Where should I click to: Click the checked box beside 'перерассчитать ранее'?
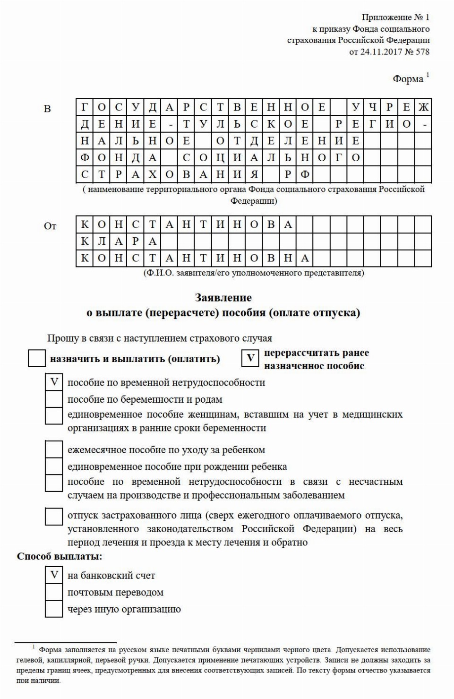pos(250,358)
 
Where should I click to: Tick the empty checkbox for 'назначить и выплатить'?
pos(37,358)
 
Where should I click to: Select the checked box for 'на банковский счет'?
pos(54,575)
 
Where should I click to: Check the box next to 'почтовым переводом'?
pos(54,592)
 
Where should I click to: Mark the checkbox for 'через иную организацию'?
pos(54,609)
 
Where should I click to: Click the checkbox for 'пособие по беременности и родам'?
pos(54,399)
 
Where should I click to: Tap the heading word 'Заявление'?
pos(223,298)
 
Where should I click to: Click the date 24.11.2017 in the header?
pos(381,52)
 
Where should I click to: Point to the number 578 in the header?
pos(422,52)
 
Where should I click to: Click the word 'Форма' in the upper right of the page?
pos(408,79)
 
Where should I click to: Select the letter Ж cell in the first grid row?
pos(423,107)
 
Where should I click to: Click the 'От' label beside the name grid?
pos(50,226)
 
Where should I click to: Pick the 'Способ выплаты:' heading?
pos(60,556)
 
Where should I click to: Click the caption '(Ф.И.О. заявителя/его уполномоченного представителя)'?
pos(254,273)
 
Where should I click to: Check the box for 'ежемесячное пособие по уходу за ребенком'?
pos(54,449)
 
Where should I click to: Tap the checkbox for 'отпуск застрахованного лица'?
pos(54,516)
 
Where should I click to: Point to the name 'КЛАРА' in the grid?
pos(119,242)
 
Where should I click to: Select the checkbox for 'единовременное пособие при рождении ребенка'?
pos(54,466)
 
